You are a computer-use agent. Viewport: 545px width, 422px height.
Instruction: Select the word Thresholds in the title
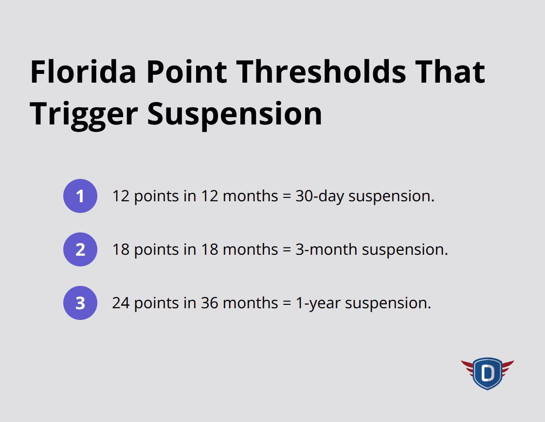(323, 71)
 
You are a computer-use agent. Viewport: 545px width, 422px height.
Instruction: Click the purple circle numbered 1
(80, 196)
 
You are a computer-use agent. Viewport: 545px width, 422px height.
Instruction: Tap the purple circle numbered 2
(80, 249)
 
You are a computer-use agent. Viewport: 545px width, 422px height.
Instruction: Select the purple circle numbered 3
(80, 303)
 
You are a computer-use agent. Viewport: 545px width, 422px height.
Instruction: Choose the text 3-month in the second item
(327, 249)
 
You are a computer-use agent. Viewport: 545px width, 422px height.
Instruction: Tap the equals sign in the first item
(287, 196)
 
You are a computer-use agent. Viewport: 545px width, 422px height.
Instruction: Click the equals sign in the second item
(287, 250)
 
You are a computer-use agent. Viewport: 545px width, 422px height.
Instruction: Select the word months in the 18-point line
(250, 249)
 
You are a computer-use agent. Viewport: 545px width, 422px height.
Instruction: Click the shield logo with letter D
(487, 373)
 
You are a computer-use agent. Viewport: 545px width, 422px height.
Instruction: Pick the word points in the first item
(157, 196)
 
